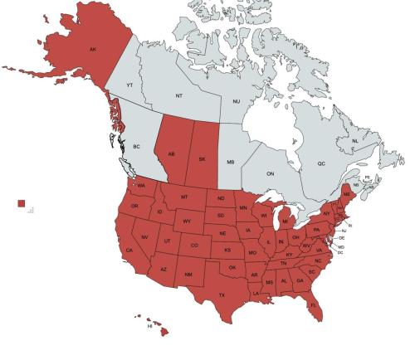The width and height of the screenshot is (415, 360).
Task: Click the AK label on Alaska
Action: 93,50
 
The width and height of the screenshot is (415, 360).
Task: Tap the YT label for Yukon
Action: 129,85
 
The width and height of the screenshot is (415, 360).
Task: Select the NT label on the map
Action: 179,96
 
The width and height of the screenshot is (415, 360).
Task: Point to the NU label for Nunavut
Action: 236,102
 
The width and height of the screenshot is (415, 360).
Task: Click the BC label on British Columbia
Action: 137,146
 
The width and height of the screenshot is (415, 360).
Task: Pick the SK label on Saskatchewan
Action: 202,159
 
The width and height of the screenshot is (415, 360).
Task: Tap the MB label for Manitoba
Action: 232,163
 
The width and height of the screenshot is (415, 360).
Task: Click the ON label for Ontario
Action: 270,174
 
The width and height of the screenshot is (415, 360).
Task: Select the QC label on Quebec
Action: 320,164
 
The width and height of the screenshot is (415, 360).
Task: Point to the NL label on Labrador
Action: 355,142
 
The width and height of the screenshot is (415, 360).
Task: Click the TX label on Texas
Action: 222,295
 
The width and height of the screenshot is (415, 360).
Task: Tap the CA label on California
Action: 129,251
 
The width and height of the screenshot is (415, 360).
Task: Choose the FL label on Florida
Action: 314,304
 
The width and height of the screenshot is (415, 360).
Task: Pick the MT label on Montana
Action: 184,197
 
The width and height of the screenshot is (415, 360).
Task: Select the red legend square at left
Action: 22,203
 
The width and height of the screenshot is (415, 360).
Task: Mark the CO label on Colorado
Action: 194,246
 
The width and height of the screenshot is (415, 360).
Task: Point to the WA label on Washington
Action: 141,185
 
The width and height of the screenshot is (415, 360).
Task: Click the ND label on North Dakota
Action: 221,200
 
